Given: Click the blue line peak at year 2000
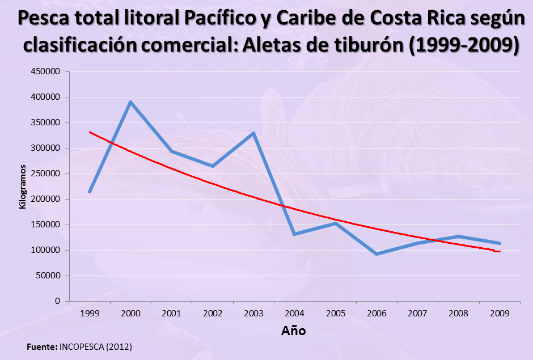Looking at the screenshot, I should (x=130, y=102).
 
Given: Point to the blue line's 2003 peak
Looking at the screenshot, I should (x=253, y=133).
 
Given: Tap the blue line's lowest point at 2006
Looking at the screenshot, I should (x=377, y=253).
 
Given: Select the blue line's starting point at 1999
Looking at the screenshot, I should (x=90, y=192).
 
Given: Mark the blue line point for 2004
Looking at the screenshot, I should (x=294, y=234).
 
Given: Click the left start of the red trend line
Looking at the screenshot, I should (x=90, y=132).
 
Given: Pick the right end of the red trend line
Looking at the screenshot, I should (x=499, y=251).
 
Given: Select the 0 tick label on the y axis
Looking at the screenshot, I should (x=58, y=301).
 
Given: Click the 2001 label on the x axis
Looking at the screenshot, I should (x=171, y=312).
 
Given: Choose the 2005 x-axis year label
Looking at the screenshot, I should (x=336, y=312).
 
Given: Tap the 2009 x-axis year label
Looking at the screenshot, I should (x=500, y=312).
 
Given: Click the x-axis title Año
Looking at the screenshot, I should (x=294, y=331).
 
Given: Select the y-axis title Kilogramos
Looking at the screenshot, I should (x=23, y=187).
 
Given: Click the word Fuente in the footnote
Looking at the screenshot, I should (x=41, y=346).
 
